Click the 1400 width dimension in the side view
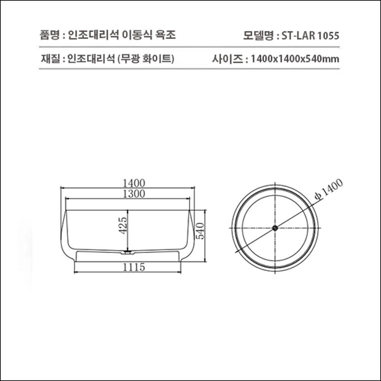[x=128, y=183]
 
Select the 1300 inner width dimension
[x=128, y=194]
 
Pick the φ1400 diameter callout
[x=329, y=189]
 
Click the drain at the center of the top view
[x=275, y=228]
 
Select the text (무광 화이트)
[x=146, y=59]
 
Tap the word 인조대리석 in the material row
[x=91, y=59]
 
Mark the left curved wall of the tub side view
[x=63, y=236]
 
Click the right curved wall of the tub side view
[x=192, y=236]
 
